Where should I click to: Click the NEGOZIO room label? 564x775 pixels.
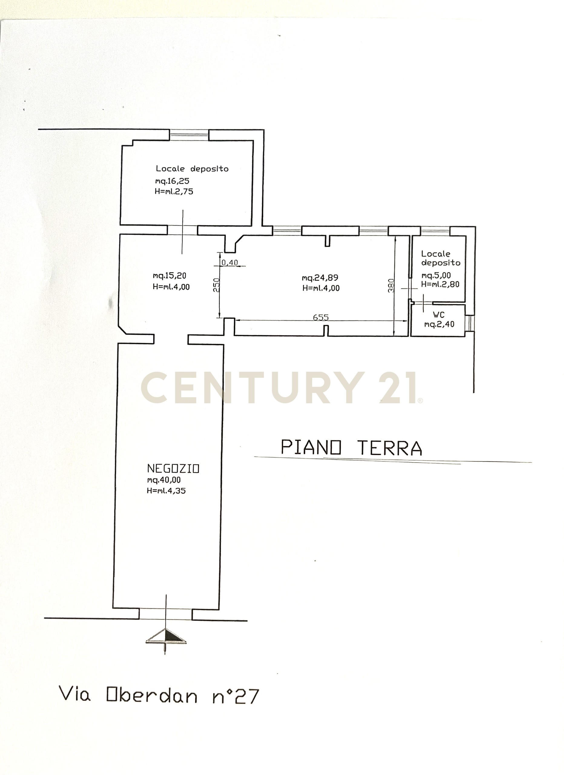coord(173,469)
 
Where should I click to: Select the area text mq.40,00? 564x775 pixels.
coord(164,480)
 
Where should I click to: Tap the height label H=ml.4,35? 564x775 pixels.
coord(167,491)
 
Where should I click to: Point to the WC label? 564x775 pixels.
coord(439,315)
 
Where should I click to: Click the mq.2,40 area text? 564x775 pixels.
coord(439,324)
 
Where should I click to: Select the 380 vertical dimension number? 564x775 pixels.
coord(391,286)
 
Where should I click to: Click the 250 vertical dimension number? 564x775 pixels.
coord(216,285)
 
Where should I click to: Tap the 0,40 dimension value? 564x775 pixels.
coord(230,262)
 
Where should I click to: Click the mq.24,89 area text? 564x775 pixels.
coord(320,278)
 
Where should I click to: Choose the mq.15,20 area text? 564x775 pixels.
coord(170,275)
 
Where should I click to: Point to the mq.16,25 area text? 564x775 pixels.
coord(172,181)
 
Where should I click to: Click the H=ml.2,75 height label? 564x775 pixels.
coord(174,191)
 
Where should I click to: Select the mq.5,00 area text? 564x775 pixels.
coord(436,275)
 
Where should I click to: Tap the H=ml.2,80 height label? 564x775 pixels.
coord(440,284)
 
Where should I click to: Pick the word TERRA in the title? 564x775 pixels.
coord(390,448)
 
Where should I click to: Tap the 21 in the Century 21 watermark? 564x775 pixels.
coord(398,388)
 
